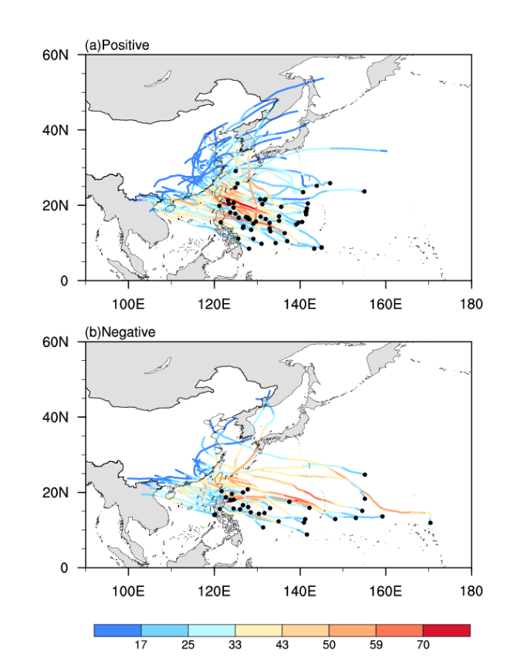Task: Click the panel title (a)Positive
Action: (117, 45)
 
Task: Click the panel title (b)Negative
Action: (120, 332)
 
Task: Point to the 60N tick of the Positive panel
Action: (58, 55)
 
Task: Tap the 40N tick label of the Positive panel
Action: (58, 130)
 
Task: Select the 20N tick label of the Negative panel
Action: (58, 493)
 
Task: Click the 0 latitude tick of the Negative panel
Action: (66, 568)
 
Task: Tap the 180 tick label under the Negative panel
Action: (471, 591)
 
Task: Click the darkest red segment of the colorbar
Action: (447, 630)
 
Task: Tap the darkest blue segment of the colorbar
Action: (117, 630)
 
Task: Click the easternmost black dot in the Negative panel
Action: (431, 523)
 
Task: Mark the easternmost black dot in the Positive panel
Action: (364, 191)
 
